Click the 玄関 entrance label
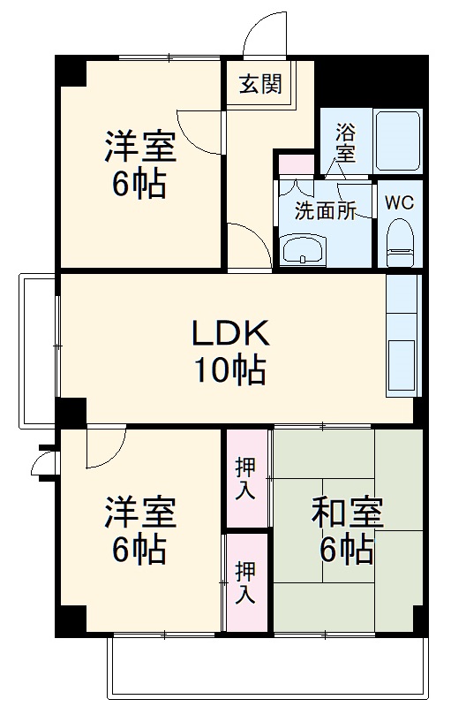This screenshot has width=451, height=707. click(x=259, y=85)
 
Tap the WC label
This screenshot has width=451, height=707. click(x=399, y=201)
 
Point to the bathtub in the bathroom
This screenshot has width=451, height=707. click(x=400, y=141)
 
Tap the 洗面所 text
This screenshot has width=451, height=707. click(x=325, y=212)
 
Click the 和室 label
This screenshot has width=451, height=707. click(x=346, y=513)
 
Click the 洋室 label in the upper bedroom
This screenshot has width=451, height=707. click(x=140, y=147)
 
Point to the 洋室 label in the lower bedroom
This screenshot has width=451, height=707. click(x=140, y=513)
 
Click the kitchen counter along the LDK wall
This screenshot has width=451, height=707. click(x=402, y=336)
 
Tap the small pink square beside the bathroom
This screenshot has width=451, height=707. click(x=296, y=164)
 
